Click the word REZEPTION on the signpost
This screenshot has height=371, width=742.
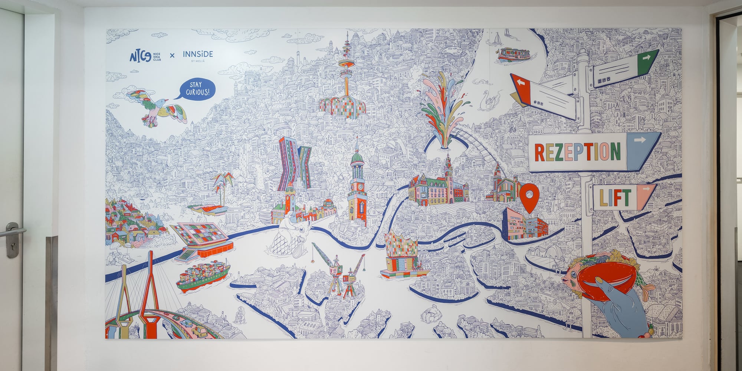point(577,152)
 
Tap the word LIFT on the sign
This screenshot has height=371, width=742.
point(615,198)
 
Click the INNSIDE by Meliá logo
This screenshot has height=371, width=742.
point(198,55)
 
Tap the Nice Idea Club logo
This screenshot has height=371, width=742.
point(145,56)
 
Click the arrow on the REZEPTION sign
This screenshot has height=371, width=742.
point(640,140)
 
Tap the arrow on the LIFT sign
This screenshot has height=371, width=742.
point(646,189)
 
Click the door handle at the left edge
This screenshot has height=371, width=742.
point(13,231)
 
